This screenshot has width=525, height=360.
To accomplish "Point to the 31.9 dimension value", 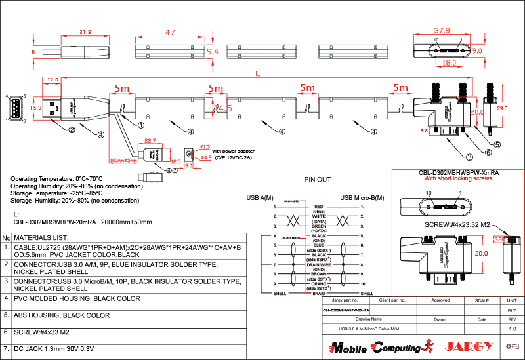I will [x=85, y=31].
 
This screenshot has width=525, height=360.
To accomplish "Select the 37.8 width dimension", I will [x=442, y=30].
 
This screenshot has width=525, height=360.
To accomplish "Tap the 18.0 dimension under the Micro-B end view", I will [x=449, y=63].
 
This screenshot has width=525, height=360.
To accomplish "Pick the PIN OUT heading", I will [x=318, y=180].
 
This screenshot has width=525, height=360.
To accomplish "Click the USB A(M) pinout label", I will [x=260, y=197].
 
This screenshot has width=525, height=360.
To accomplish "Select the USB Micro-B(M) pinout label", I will [x=362, y=197].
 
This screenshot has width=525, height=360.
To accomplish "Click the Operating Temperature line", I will [x=57, y=178].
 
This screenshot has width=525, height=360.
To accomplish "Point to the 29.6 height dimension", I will [x=503, y=108].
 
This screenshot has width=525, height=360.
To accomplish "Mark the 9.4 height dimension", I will [x=212, y=51].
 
